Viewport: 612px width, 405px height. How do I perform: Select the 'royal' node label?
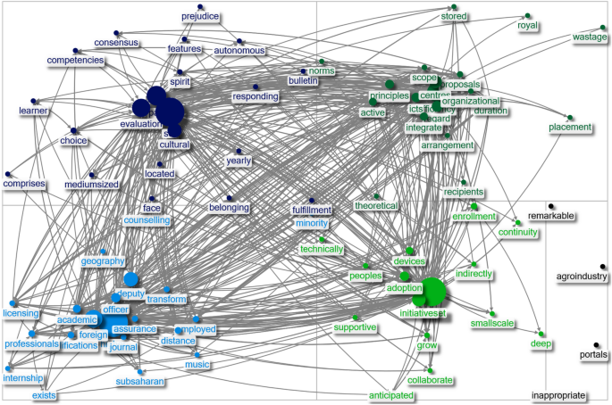(x=528, y=25)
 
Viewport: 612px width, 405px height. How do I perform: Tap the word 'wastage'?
(x=589, y=37)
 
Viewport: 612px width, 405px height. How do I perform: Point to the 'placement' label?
(x=570, y=128)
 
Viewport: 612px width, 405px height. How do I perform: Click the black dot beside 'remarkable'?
(x=552, y=206)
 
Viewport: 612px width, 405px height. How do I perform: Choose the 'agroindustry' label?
(x=582, y=277)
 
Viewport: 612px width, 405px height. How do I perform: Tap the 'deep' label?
(x=541, y=343)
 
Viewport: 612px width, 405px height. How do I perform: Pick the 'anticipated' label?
(x=391, y=395)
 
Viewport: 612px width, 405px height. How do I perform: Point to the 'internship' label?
(x=23, y=378)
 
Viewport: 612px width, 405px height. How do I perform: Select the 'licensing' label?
(x=21, y=312)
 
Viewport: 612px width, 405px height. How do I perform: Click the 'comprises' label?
(x=24, y=183)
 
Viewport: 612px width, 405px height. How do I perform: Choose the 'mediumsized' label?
(x=91, y=185)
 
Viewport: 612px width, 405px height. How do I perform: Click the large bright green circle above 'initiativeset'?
(x=433, y=291)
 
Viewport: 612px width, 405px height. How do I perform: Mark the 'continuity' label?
(x=518, y=233)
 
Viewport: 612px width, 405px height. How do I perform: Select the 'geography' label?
(x=103, y=260)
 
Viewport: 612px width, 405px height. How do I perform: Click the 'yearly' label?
(x=239, y=161)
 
